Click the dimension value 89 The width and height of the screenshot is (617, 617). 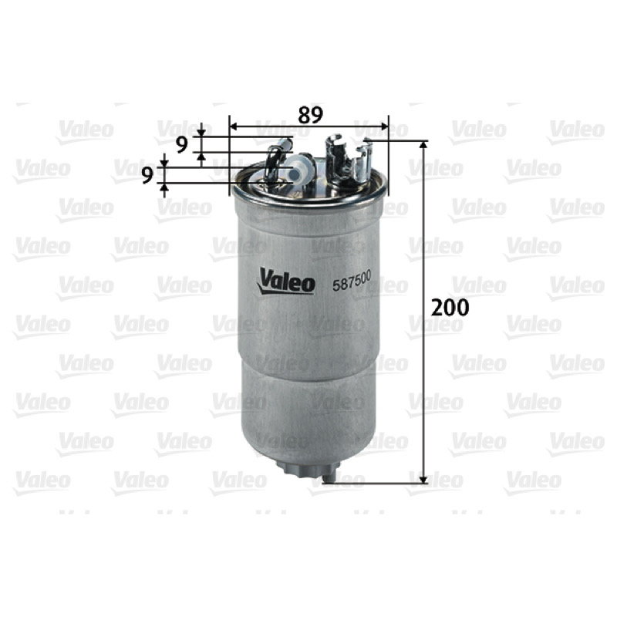point(310,115)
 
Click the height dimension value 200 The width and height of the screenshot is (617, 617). point(450,307)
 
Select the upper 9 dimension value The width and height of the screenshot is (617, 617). point(182,145)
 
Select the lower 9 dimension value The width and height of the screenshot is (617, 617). point(147,176)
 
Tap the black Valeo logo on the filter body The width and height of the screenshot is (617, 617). point(286,281)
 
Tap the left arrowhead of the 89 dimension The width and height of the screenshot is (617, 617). point(234,126)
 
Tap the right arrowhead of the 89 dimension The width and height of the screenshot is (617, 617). point(383,126)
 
